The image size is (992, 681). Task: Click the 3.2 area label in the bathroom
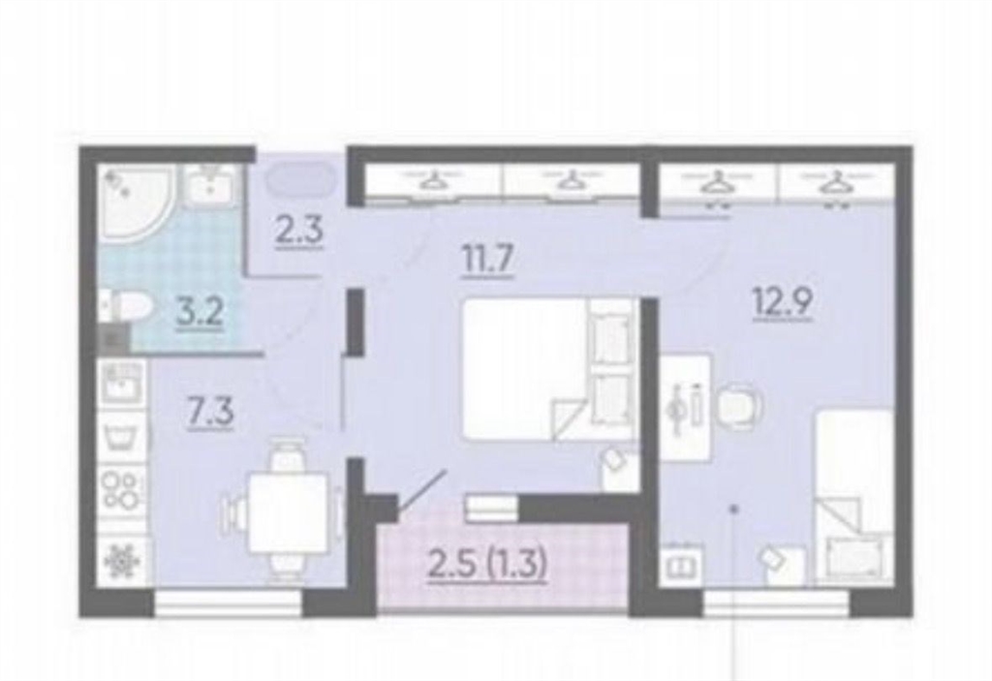point(200,312)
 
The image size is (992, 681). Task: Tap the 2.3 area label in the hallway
point(298,230)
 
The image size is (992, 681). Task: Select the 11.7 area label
point(487,261)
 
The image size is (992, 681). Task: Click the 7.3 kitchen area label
point(210,413)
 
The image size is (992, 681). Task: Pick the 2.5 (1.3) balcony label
point(486,565)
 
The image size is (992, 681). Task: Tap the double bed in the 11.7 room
point(548,368)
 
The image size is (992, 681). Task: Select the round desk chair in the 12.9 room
point(737,403)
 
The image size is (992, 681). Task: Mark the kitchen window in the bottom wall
point(229,604)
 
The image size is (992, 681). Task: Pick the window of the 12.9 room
point(776,604)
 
